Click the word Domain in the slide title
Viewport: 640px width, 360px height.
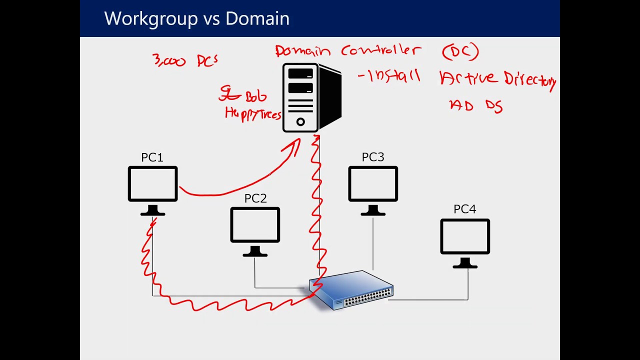[x=257, y=18]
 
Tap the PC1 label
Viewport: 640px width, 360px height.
[x=152, y=157]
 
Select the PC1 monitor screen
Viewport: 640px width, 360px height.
[x=152, y=184]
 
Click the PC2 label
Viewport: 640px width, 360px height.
[x=255, y=198]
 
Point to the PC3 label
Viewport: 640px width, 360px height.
[x=373, y=157]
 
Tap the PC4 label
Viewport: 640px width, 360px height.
[x=464, y=209]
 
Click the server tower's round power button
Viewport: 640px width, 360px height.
[x=300, y=121]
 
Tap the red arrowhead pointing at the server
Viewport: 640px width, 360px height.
[x=292, y=146]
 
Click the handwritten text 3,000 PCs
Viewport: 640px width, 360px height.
[x=185, y=60]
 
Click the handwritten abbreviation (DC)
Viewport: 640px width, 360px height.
[x=460, y=51]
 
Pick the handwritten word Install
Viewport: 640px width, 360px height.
[x=393, y=76]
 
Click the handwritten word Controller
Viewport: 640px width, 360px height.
[x=381, y=50]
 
